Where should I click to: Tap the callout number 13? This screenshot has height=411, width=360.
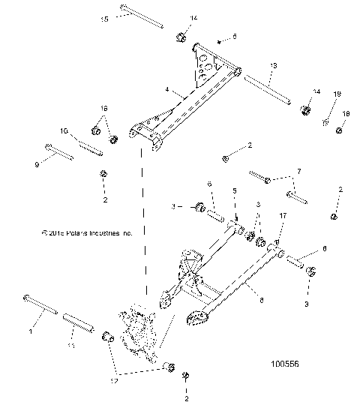(272, 67)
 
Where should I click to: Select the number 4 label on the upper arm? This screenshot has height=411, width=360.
(168, 89)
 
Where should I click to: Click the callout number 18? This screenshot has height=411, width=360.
(346, 114)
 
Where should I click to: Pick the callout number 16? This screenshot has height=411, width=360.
(104, 109)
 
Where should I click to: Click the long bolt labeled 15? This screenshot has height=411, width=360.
(142, 18)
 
